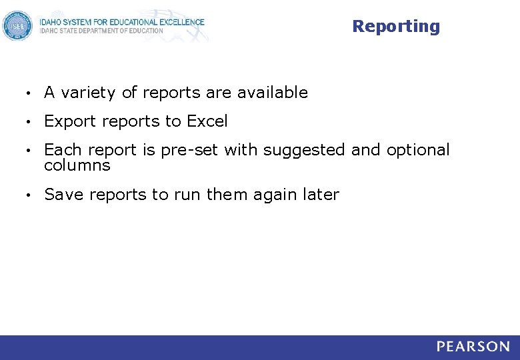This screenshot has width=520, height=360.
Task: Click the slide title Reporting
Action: tap(396, 27)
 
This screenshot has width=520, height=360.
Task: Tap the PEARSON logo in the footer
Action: tap(473, 347)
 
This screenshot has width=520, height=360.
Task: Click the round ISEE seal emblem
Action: tap(17, 26)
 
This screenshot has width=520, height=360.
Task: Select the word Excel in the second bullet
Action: tap(207, 121)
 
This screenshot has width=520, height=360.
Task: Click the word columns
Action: tap(77, 165)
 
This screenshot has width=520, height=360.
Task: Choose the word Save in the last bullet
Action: tap(64, 195)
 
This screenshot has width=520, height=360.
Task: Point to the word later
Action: tap(321, 195)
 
